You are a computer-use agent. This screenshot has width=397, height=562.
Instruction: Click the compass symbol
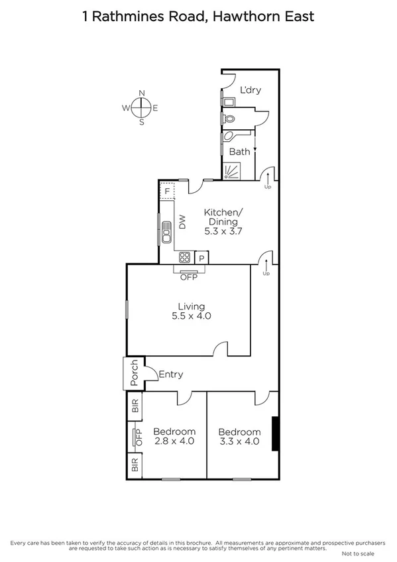pos(141,107)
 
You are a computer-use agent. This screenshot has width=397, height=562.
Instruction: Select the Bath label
pos(239,152)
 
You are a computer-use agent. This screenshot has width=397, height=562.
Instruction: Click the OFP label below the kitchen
pos(189,276)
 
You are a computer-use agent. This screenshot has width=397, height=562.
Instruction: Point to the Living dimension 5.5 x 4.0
pos(190,317)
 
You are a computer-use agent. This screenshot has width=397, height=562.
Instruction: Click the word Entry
pos(170,374)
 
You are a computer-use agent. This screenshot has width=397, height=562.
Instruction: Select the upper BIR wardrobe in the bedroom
pos(135,406)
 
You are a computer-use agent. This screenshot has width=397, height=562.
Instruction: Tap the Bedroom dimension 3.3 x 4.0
pos(239,441)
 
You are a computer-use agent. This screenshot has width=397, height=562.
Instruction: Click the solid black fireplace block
pos(274,433)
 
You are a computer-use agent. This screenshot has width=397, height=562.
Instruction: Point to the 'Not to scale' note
pos(358,553)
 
